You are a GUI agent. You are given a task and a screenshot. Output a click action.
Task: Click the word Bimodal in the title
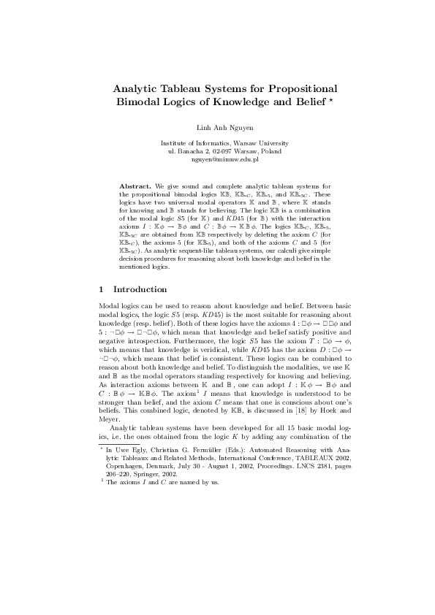(142, 101)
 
